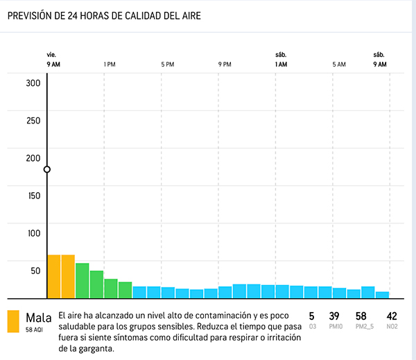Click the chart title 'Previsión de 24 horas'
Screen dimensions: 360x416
[104, 16]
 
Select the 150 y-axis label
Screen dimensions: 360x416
[34, 196]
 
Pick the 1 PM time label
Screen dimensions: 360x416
[110, 65]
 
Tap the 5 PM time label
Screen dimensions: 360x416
[167, 65]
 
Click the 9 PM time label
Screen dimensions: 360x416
[225, 65]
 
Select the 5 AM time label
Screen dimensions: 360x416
[338, 65]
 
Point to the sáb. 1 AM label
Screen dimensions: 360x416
[281, 60]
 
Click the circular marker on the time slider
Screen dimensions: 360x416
[47, 169]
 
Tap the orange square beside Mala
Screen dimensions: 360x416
[13, 321]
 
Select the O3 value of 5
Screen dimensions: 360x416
[311, 316]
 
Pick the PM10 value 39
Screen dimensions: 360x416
[333, 316]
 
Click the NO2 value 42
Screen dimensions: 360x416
[392, 316]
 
